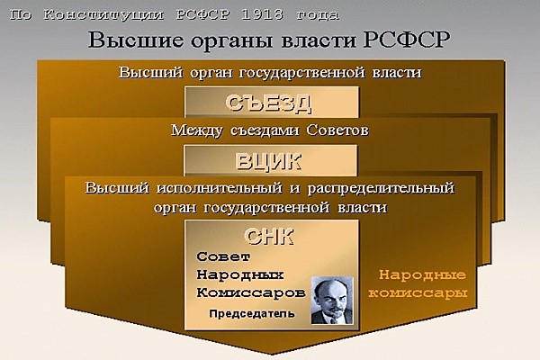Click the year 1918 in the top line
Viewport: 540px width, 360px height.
(263, 14)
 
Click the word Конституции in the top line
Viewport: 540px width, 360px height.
(103, 15)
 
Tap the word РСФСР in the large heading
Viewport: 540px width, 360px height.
(407, 40)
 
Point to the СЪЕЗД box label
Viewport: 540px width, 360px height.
(269, 103)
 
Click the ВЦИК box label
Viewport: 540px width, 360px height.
(268, 161)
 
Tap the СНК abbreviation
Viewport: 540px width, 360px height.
(269, 237)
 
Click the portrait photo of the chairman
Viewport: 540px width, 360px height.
(332, 301)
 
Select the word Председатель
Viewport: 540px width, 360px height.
(252, 314)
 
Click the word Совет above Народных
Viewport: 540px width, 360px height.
(223, 256)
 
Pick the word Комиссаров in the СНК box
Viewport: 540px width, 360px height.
(251, 292)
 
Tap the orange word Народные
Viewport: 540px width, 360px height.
(422, 274)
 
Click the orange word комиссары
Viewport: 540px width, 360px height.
(418, 293)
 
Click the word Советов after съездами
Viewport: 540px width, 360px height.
(337, 130)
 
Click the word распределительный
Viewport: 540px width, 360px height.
(381, 189)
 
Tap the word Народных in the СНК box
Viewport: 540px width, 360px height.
(240, 274)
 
